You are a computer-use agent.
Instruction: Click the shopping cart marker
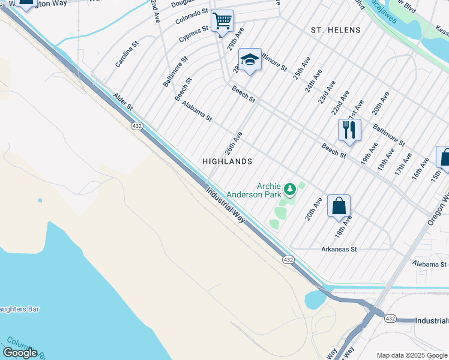click(222, 22)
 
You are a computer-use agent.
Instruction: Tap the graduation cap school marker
click(250, 60)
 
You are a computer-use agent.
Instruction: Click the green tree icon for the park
click(290, 190)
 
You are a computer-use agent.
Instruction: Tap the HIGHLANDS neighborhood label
click(227, 161)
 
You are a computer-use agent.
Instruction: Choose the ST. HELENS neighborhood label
click(336, 30)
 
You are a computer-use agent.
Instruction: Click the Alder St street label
click(122, 101)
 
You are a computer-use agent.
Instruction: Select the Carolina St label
click(127, 53)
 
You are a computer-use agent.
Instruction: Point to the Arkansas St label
click(339, 249)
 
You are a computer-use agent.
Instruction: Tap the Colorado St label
click(191, 16)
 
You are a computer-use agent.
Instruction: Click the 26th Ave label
click(234, 143)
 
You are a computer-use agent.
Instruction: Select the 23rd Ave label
click(327, 93)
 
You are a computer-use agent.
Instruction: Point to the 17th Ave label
click(403, 163)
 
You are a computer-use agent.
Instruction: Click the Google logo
click(20, 352)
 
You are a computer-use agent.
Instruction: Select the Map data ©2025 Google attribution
click(412, 355)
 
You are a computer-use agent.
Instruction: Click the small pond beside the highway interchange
click(315, 298)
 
